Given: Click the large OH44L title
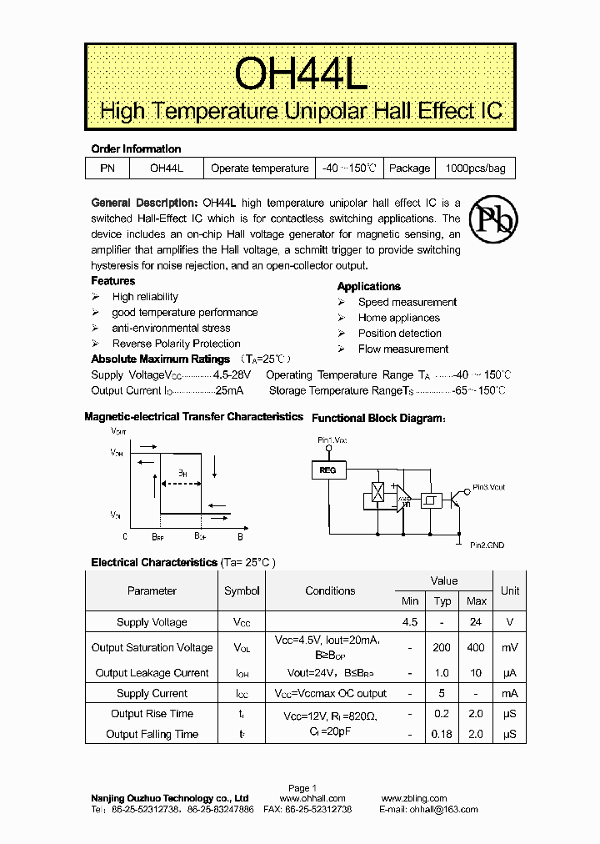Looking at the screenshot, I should click(x=299, y=73).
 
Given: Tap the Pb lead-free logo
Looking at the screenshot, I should click(x=492, y=219).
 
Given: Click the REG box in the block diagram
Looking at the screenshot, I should click(x=327, y=470).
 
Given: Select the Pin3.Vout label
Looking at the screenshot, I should click(x=488, y=487).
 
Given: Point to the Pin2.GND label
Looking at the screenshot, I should click(x=486, y=545).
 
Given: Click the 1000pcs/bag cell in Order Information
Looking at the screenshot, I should click(x=475, y=168).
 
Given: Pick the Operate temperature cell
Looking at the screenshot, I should click(x=259, y=168).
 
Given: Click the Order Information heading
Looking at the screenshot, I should click(x=136, y=149).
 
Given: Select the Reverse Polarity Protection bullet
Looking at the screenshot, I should click(x=176, y=344).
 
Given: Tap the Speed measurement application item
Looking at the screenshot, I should click(x=407, y=303).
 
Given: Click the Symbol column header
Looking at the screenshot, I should click(x=242, y=590).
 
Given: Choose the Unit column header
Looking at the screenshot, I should click(x=510, y=590).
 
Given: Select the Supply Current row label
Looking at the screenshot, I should click(x=152, y=694).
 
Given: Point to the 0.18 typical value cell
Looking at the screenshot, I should click(x=442, y=735).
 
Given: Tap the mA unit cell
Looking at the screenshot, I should click(x=510, y=694).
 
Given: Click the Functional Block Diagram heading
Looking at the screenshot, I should click(x=377, y=418).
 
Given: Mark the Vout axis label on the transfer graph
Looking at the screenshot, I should click(x=118, y=432).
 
